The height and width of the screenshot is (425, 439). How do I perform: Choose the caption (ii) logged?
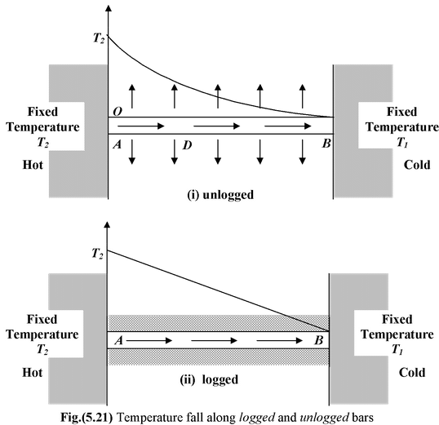215,379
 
